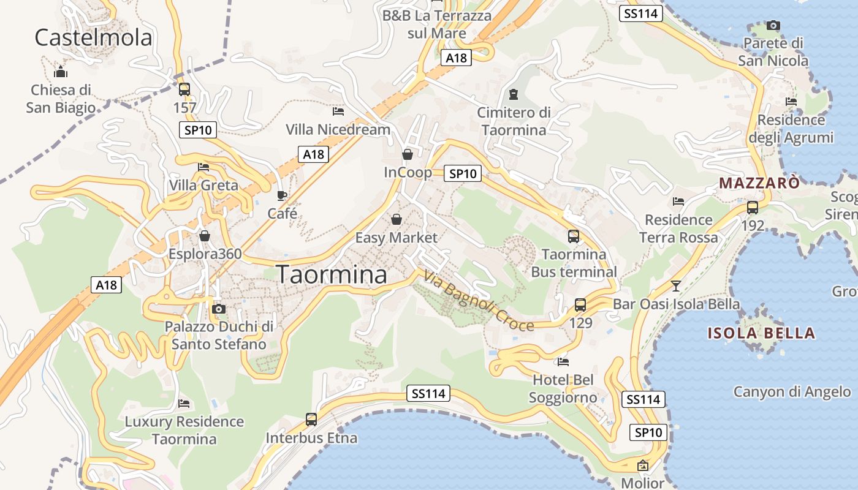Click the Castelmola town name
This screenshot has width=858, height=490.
click(x=93, y=38)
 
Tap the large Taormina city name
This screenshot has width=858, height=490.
click(x=332, y=275)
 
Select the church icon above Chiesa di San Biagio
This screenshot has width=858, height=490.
click(x=61, y=72)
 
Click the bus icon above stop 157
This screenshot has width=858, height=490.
click(x=184, y=89)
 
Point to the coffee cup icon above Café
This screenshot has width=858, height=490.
click(x=282, y=195)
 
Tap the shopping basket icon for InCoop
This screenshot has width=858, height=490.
click(x=408, y=154)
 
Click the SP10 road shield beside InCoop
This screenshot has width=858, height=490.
click(x=463, y=174)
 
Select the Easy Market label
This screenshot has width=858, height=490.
click(x=397, y=238)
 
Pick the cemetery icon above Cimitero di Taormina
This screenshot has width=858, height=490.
click(x=514, y=94)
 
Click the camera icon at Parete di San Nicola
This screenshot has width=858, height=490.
click(x=773, y=26)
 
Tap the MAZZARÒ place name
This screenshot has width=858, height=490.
click(x=759, y=183)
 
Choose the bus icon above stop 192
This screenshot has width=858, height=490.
click(x=753, y=208)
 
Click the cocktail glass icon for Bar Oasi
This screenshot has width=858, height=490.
click(x=675, y=286)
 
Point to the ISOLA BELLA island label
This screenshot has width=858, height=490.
click(x=761, y=334)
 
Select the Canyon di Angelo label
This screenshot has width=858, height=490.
click(x=792, y=392)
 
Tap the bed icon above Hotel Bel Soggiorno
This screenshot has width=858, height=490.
click(x=563, y=362)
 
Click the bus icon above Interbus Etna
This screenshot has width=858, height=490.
click(x=311, y=420)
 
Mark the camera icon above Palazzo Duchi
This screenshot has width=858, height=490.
click(x=219, y=309)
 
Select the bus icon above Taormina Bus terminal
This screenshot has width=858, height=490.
click(x=574, y=236)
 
